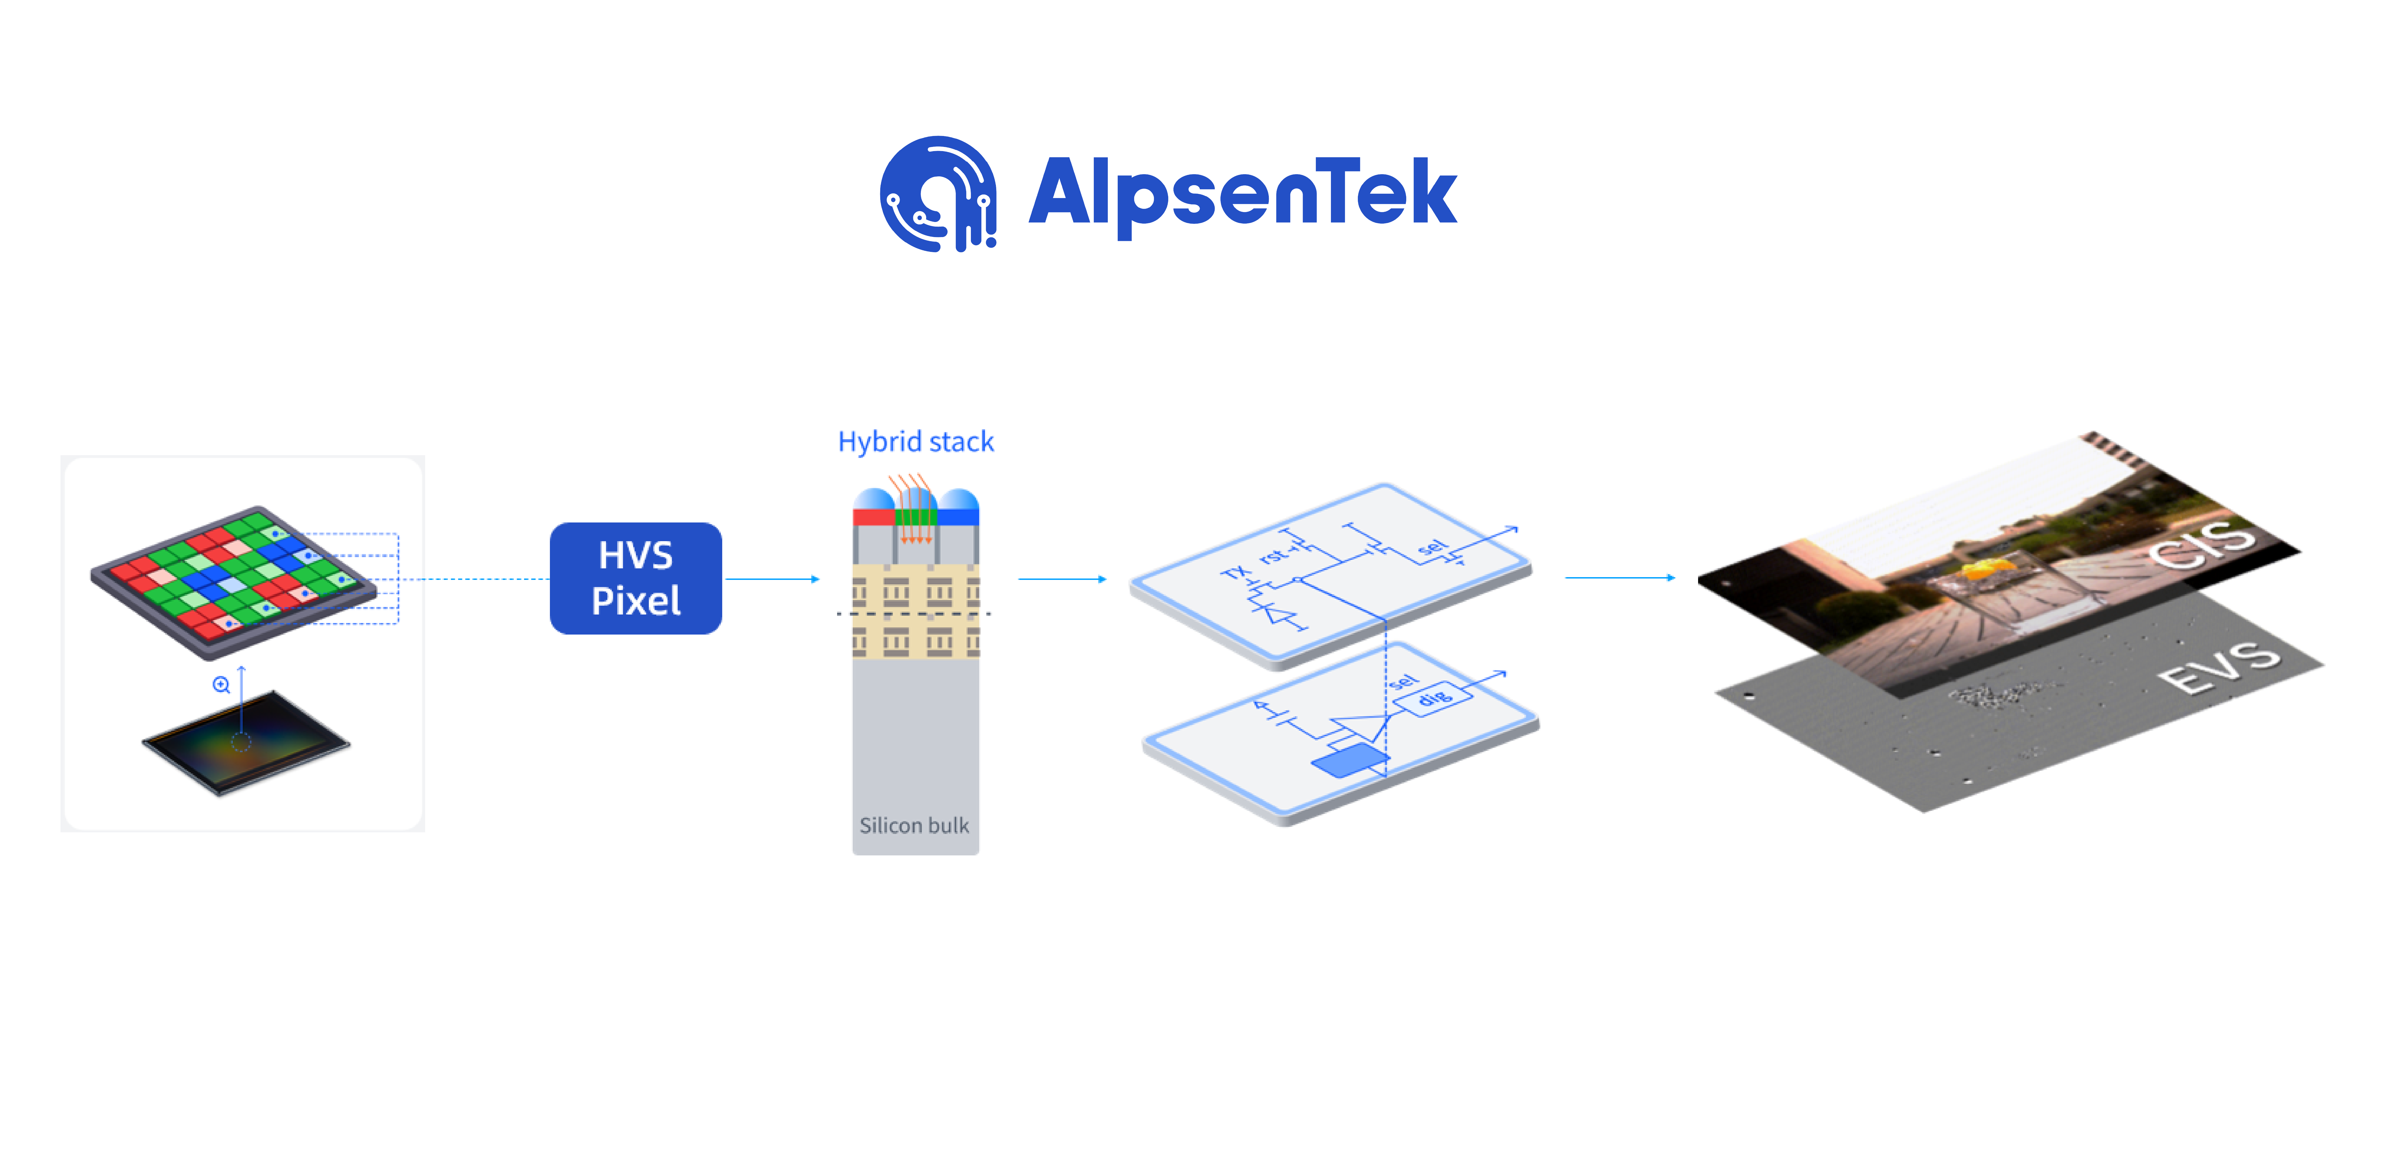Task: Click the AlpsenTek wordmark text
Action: (1242, 193)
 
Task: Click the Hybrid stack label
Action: (915, 442)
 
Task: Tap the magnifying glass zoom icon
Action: (220, 685)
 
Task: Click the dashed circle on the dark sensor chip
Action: (241, 742)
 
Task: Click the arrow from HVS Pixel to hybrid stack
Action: (771, 579)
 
